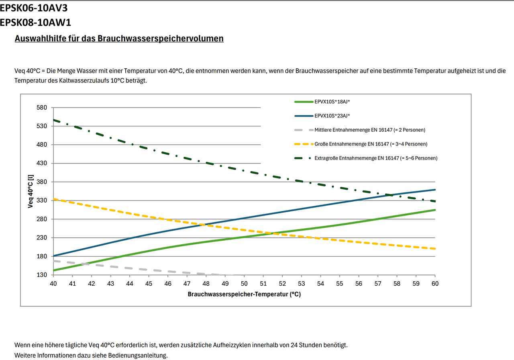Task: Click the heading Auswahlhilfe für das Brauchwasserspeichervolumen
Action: click(x=119, y=39)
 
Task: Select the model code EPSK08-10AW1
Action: click(x=35, y=22)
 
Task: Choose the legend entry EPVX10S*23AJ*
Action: click(x=332, y=116)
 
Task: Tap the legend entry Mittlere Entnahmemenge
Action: click(x=370, y=130)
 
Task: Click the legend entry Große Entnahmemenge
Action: click(x=371, y=144)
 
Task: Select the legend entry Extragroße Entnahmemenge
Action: click(x=376, y=158)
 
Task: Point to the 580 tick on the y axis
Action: click(x=42, y=108)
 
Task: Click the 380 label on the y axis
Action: click(x=42, y=182)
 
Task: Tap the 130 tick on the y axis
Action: click(x=42, y=275)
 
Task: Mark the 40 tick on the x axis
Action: click(x=53, y=284)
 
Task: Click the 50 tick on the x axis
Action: click(x=244, y=284)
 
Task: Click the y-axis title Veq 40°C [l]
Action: click(x=31, y=191)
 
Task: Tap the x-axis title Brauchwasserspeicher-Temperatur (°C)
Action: click(x=244, y=294)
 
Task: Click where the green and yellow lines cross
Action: click(x=270, y=233)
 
